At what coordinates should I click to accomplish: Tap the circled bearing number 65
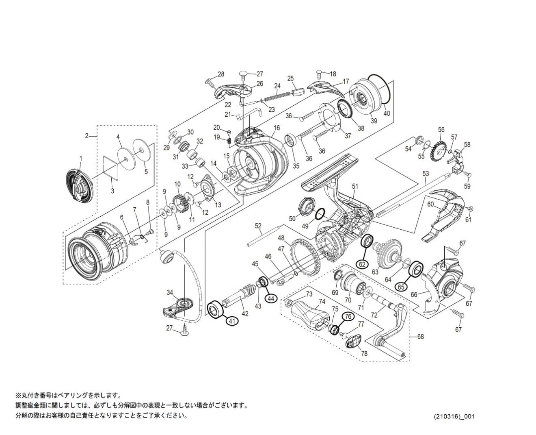pyautogui.click(x=402, y=286)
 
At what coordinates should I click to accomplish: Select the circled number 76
pyautogui.click(x=348, y=316)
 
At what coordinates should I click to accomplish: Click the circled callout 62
pyautogui.click(x=363, y=264)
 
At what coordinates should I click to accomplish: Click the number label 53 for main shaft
pyautogui.click(x=425, y=174)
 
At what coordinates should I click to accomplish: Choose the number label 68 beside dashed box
pyautogui.click(x=420, y=337)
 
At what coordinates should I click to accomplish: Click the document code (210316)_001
pyautogui.click(x=454, y=417)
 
